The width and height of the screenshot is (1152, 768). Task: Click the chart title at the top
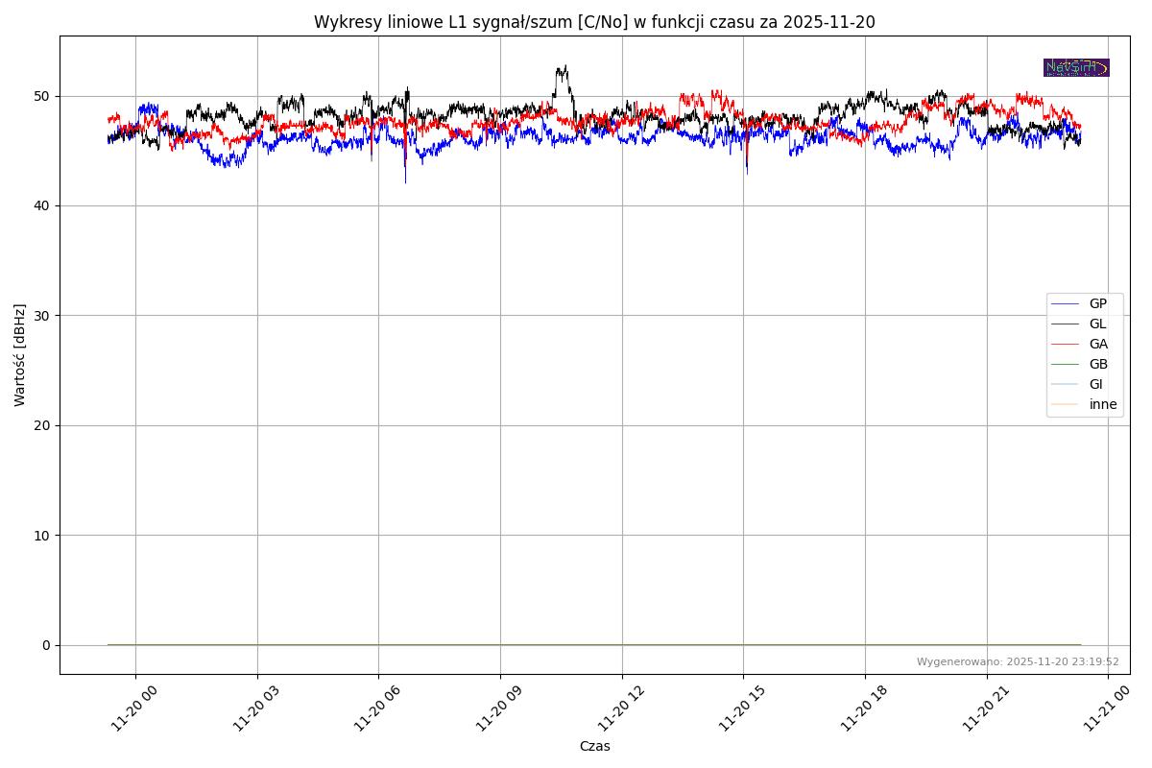[594, 22]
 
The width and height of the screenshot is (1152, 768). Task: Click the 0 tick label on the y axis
[46, 645]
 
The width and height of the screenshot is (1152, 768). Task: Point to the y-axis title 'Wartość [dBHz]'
[20, 355]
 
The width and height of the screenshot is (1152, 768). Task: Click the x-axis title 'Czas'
[594, 746]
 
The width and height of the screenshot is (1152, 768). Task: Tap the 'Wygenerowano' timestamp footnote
[1018, 661]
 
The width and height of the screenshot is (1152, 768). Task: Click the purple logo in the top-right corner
[1076, 67]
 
